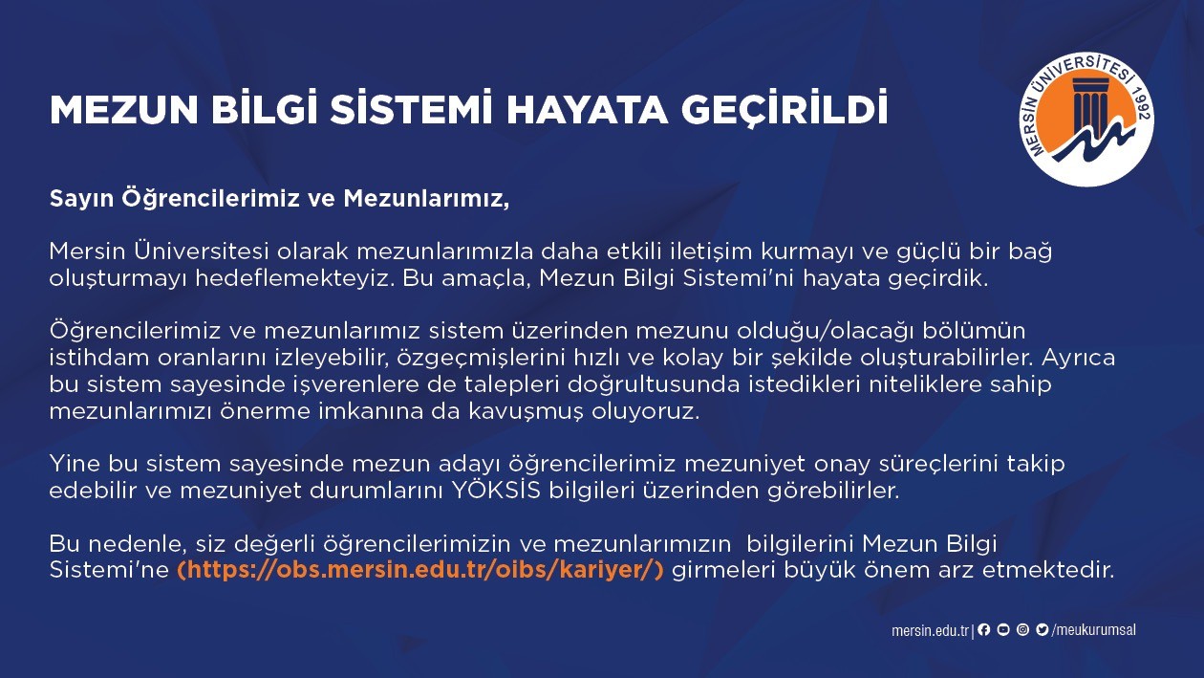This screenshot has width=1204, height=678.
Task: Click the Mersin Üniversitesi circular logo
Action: pyautogui.click(x=1086, y=119)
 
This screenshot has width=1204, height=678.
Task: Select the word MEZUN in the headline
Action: pyautogui.click(x=124, y=110)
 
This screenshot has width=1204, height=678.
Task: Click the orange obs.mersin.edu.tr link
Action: pyautogui.click(x=420, y=570)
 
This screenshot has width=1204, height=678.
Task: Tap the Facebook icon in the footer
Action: pyautogui.click(x=983, y=629)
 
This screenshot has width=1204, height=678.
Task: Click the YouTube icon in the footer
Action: pyautogui.click(x=1003, y=629)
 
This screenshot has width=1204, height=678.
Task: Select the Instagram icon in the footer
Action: pyautogui.click(x=1022, y=629)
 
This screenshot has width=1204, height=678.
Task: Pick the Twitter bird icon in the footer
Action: pyautogui.click(x=1042, y=629)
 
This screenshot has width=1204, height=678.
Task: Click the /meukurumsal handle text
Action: pyautogui.click(x=1093, y=630)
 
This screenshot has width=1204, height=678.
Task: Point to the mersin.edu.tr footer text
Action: pyautogui.click(x=930, y=630)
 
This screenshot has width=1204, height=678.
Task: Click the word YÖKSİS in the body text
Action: pyautogui.click(x=496, y=491)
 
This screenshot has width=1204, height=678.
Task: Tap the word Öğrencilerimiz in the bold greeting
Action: pyautogui.click(x=210, y=199)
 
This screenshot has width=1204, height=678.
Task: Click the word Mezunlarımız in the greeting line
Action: pyautogui.click(x=426, y=199)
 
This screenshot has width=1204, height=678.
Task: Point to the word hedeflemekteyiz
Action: pyautogui.click(x=291, y=278)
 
